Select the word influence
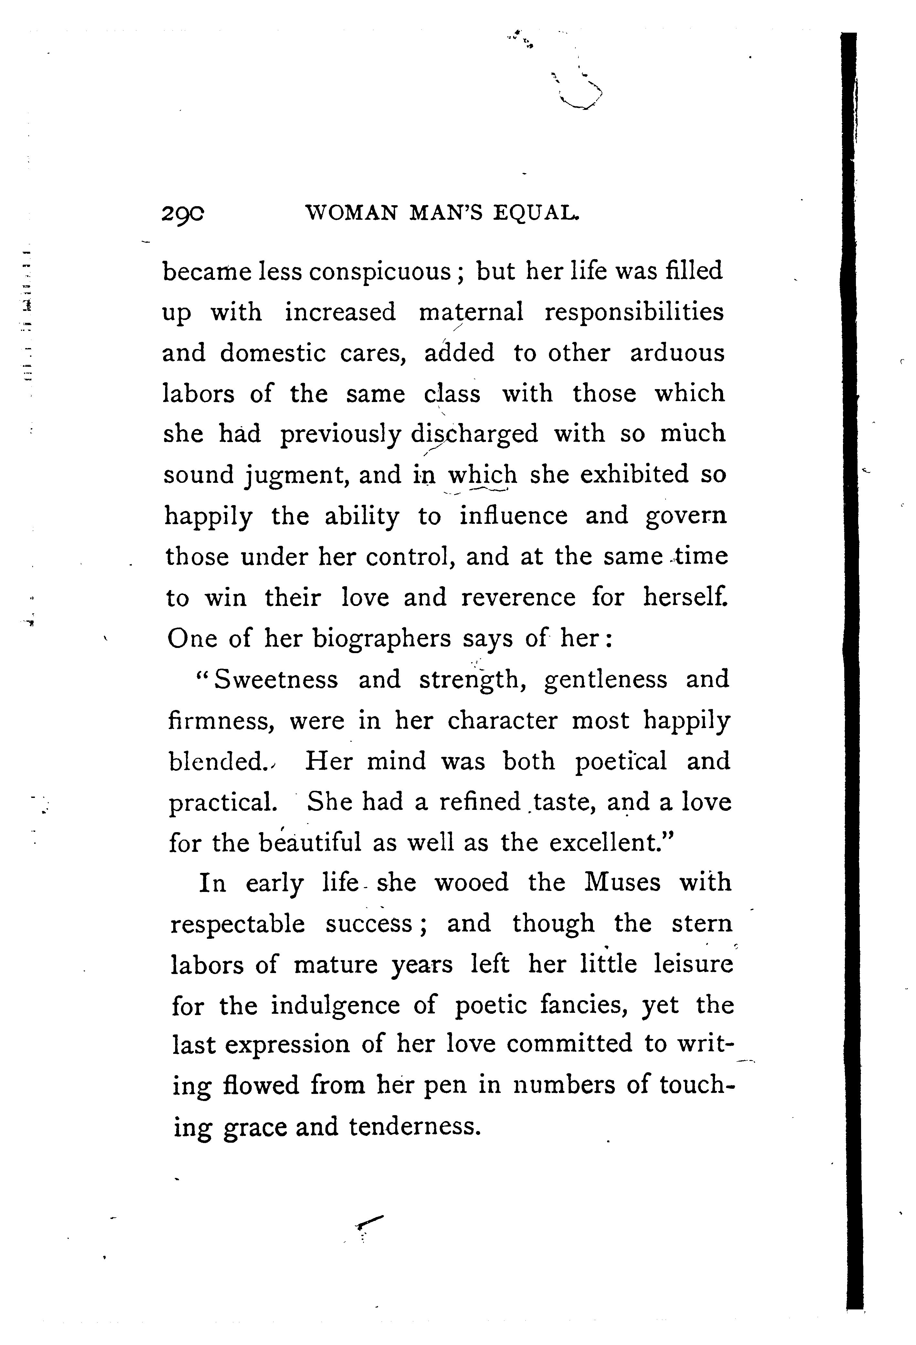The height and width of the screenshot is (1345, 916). [513, 516]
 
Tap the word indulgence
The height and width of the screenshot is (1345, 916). [336, 1006]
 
